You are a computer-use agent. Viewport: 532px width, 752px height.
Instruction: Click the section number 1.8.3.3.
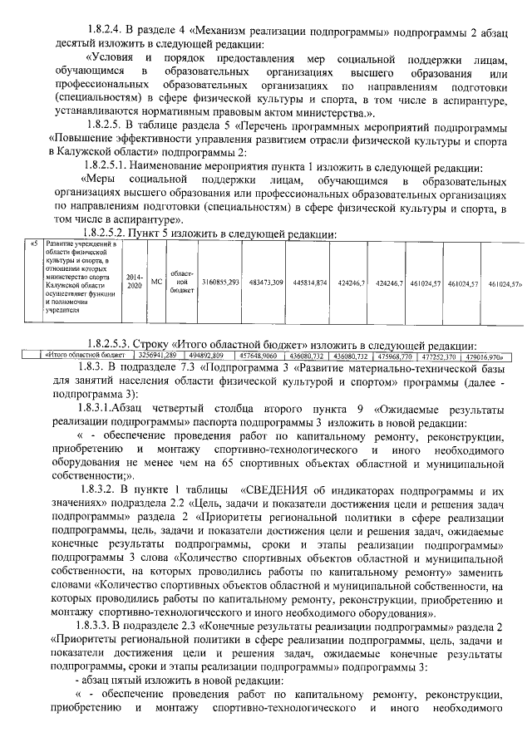pyautogui.click(x=105, y=623)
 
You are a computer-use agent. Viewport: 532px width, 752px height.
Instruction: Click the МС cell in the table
pyautogui.click(x=155, y=283)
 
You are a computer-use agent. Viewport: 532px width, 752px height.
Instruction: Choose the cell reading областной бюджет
pyautogui.click(x=180, y=283)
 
